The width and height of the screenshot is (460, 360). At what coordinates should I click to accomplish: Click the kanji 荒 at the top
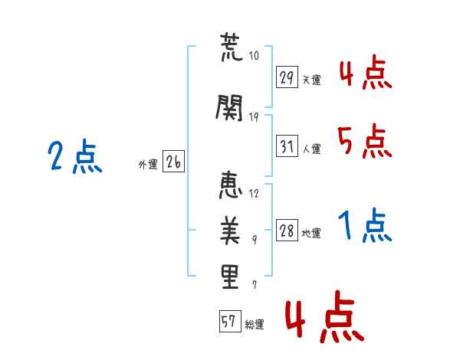[x=232, y=47]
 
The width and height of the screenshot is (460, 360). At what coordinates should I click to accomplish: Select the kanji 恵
[x=231, y=185]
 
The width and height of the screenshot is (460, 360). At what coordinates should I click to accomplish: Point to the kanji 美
[x=230, y=231]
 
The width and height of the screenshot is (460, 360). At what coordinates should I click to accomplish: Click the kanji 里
[x=230, y=277]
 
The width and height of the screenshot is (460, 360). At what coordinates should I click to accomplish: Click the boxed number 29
[x=287, y=77]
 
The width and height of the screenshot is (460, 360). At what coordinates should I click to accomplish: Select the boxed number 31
[x=287, y=146]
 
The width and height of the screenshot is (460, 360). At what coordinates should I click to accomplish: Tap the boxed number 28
[x=287, y=230]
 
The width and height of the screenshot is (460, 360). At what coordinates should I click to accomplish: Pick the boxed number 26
[x=173, y=162]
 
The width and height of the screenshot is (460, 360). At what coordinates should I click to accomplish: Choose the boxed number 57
[x=230, y=321]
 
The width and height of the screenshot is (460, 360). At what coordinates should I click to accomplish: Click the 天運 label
[x=311, y=80]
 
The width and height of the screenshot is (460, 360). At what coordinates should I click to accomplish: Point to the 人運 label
[x=311, y=149]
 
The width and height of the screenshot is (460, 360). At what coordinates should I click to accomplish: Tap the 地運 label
[x=311, y=234]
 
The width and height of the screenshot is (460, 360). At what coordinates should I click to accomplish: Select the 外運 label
[x=148, y=165]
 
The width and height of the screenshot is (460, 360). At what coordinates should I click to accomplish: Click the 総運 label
[x=255, y=325]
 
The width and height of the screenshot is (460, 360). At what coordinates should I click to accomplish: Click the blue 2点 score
[x=75, y=156]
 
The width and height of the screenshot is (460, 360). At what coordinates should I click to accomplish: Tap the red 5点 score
[x=365, y=141]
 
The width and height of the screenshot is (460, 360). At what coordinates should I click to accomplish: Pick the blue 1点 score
[x=365, y=225]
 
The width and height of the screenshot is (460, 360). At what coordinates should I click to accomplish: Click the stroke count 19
[x=254, y=117]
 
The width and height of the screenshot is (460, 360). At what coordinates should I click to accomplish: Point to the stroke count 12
[x=254, y=194]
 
